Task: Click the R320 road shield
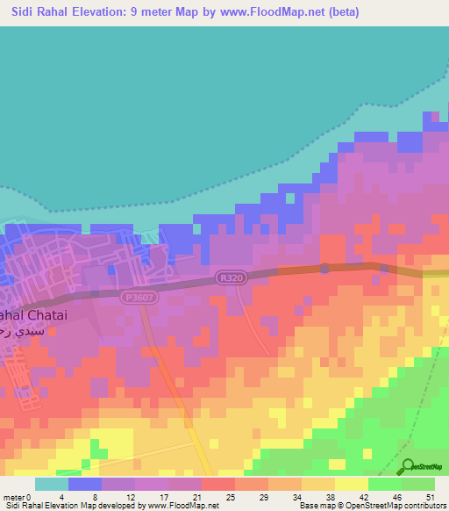click(x=231, y=277)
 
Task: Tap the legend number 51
click(x=431, y=497)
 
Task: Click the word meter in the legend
click(x=13, y=497)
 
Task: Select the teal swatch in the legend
click(x=52, y=484)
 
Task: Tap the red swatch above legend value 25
click(x=218, y=484)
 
